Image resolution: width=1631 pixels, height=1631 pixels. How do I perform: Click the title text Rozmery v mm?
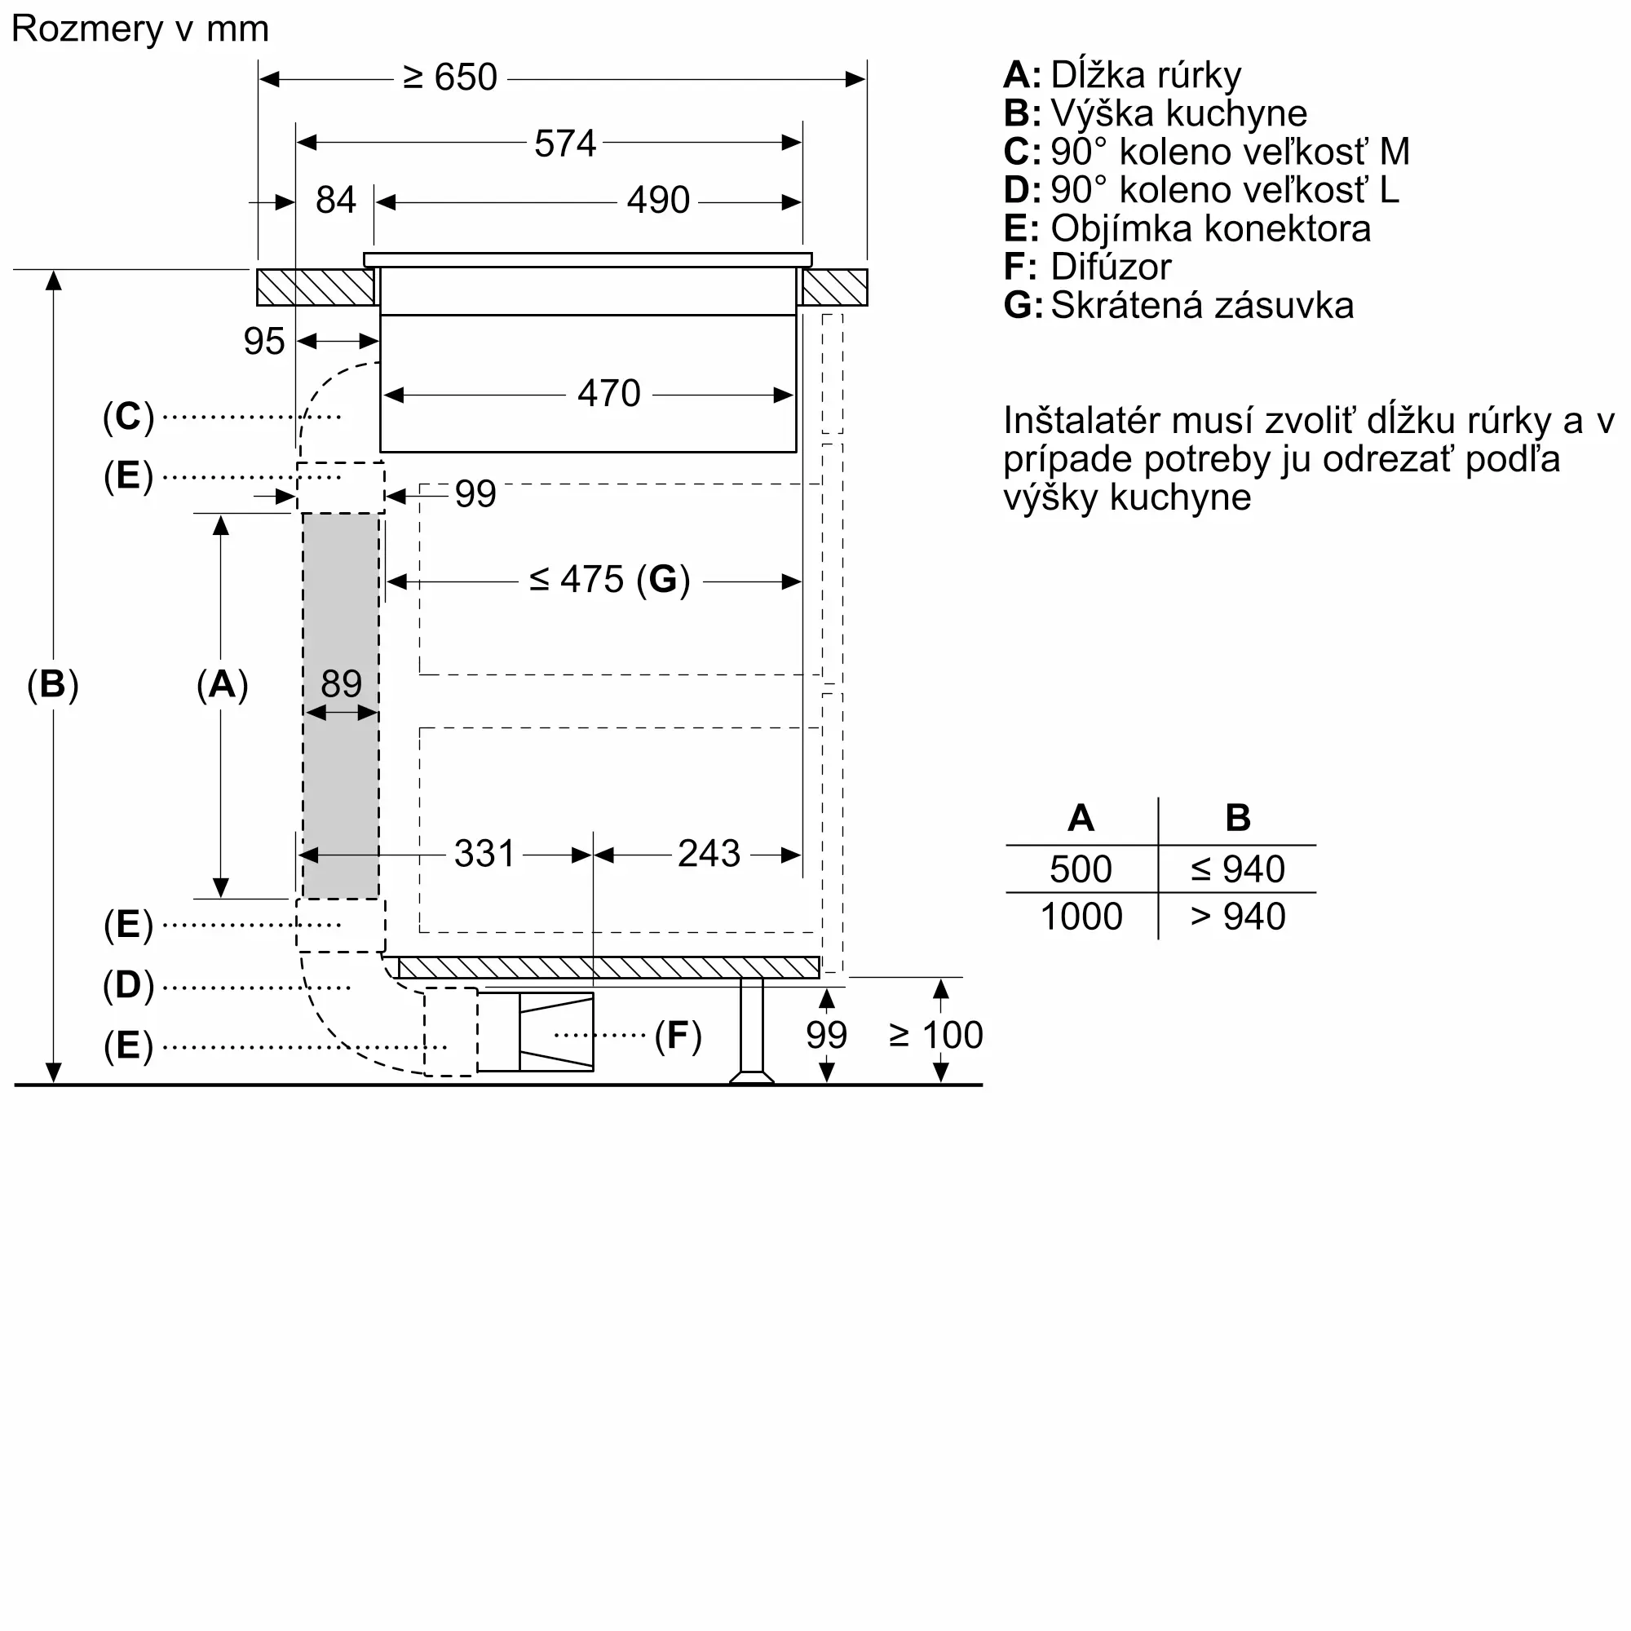click(x=140, y=29)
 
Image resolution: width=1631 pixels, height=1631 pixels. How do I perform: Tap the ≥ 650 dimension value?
click(x=450, y=77)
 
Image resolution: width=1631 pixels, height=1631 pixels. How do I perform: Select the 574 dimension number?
click(x=565, y=144)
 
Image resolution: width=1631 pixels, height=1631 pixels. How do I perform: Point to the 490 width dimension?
click(x=657, y=201)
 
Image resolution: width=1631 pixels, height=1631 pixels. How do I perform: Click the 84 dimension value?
click(x=335, y=201)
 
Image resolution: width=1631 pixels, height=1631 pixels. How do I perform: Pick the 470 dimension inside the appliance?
click(x=608, y=393)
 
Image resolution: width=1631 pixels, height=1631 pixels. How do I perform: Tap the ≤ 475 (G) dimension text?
click(x=609, y=580)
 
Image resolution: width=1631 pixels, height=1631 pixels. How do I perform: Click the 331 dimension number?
click(x=484, y=854)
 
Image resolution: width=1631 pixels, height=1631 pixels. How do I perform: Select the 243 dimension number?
click(x=709, y=854)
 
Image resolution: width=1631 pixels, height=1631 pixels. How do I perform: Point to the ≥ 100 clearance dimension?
click(x=936, y=1035)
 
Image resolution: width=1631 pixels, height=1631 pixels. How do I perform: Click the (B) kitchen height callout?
click(x=52, y=684)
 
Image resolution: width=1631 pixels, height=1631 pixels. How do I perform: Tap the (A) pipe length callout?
click(x=222, y=684)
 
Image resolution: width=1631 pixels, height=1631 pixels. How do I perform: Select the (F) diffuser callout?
click(x=678, y=1035)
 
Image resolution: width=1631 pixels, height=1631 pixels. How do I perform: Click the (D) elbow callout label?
click(x=128, y=985)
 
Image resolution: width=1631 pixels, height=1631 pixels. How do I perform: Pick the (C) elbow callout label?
click(x=128, y=416)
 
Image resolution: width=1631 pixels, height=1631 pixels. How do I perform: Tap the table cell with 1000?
click(x=1081, y=917)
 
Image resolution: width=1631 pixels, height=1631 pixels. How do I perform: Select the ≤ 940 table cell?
click(x=1238, y=869)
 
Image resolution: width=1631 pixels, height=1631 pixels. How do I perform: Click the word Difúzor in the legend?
click(x=1110, y=267)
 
